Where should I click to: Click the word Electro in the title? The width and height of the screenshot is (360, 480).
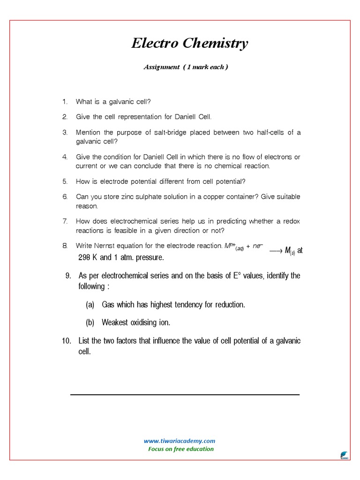tap(152, 44)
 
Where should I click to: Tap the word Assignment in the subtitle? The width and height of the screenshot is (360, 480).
tap(161, 67)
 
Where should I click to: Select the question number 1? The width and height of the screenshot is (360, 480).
tap(65, 102)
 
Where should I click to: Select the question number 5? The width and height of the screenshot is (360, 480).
tap(65, 181)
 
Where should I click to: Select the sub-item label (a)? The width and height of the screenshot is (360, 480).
tap(90, 305)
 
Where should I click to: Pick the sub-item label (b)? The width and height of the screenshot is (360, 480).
tap(90, 323)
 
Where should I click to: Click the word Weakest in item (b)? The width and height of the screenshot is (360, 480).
tap(114, 323)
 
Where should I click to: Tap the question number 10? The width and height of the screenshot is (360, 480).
tap(66, 341)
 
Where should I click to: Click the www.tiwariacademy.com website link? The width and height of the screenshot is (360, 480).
tap(180, 441)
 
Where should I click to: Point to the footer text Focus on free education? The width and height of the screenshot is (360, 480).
tap(180, 449)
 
